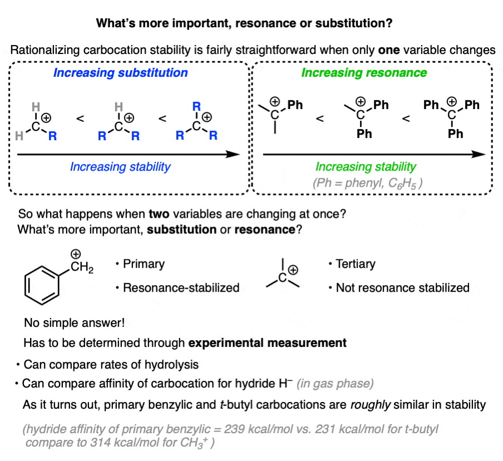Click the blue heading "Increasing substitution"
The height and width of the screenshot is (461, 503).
click(x=120, y=72)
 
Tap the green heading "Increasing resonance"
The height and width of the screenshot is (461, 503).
click(x=364, y=72)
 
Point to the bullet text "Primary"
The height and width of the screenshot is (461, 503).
click(x=144, y=264)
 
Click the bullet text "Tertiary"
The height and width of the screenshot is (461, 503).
click(x=356, y=264)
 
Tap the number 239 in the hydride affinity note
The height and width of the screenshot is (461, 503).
click(x=234, y=429)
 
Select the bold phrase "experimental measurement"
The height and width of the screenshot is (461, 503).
click(x=267, y=343)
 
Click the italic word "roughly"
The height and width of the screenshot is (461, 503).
click(x=371, y=405)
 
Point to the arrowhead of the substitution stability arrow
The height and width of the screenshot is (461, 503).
click(x=233, y=154)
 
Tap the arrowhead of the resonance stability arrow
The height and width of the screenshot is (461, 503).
click(x=479, y=154)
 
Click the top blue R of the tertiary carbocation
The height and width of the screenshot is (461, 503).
click(x=196, y=106)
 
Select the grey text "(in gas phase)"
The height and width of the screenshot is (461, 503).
click(x=335, y=384)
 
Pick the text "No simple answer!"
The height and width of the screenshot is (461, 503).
click(x=75, y=322)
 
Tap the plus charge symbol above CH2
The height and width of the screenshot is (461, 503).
click(x=76, y=254)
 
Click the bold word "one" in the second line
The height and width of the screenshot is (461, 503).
click(x=389, y=50)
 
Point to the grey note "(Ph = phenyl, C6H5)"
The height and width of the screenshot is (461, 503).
click(x=368, y=183)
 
